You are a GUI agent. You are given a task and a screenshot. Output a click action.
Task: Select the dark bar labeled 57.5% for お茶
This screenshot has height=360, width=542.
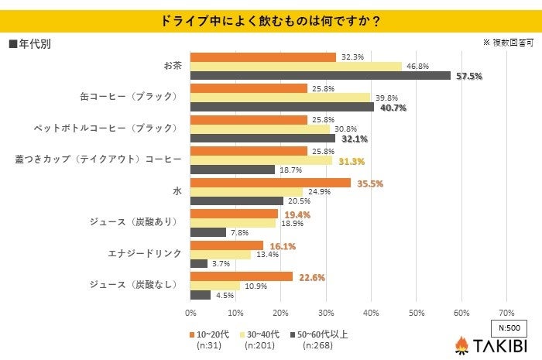click(x=320, y=76)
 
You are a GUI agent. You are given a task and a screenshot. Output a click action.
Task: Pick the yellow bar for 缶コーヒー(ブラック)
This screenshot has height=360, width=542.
click(x=280, y=98)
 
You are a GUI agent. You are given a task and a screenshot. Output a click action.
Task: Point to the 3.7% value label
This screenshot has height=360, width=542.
click(x=220, y=264)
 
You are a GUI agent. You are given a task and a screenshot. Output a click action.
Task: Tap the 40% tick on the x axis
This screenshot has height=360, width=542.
click(x=371, y=313)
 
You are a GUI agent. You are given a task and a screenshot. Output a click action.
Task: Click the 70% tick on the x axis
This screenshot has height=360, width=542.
click(x=506, y=313)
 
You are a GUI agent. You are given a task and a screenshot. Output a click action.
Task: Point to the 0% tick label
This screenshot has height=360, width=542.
click(x=190, y=313)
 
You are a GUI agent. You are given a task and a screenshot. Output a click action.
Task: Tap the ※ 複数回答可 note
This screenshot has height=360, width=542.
click(x=509, y=43)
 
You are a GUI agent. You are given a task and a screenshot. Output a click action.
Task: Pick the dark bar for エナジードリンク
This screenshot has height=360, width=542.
click(x=199, y=264)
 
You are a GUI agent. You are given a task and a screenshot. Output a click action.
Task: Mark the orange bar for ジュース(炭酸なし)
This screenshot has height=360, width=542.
click(x=242, y=276)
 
